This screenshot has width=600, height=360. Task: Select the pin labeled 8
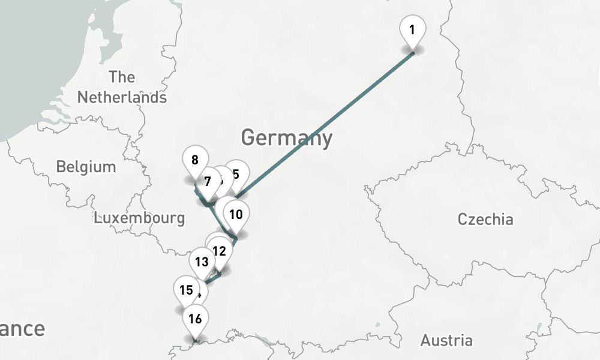pyautogui.click(x=194, y=160)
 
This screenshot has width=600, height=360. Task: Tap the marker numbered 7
pyautogui.click(x=208, y=181)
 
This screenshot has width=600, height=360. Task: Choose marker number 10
pyautogui.click(x=236, y=214)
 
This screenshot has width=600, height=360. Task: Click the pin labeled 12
pyautogui.click(x=219, y=251)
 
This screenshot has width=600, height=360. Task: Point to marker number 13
pyautogui.click(x=202, y=262)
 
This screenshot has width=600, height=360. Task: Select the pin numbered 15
pyautogui.click(x=186, y=290)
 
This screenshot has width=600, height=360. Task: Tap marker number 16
pyautogui.click(x=195, y=319)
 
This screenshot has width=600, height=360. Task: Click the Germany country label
pyautogui.click(x=286, y=137)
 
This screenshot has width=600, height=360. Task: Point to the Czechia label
pyautogui.click(x=485, y=219)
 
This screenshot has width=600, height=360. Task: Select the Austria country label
pyautogui.click(x=446, y=341)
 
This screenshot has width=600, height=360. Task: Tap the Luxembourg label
pyautogui.click(x=139, y=218)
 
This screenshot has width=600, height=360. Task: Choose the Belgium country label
pyautogui.click(x=86, y=167)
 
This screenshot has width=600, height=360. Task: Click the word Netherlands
pyautogui.click(x=122, y=97)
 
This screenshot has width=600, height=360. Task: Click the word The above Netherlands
pyautogui.click(x=122, y=77)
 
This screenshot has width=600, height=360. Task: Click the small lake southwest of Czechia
pyautogui.click(x=377, y=325)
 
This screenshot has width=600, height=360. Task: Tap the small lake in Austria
pyautogui.click(x=539, y=327)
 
